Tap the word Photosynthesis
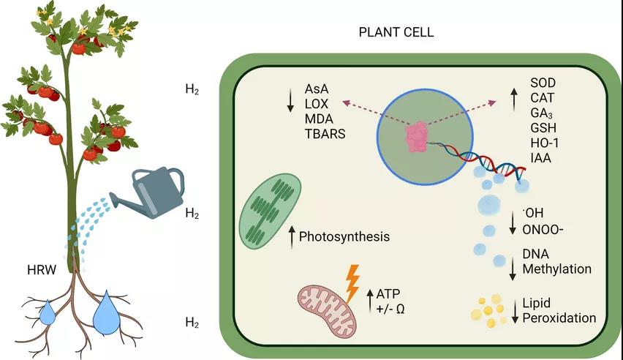pyautogui.click(x=344, y=237)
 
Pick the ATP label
pyautogui.click(x=390, y=293)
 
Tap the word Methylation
pyautogui.click(x=556, y=269)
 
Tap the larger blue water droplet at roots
pyautogui.click(x=107, y=312)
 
